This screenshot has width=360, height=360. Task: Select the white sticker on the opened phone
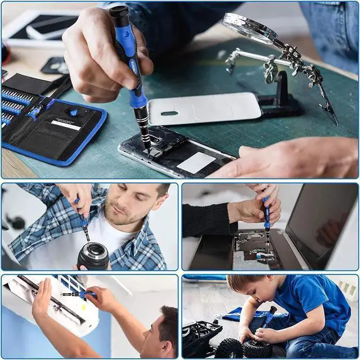pos(196,163)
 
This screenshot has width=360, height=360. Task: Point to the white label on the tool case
pos(66,125)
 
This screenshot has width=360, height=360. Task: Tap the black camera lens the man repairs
pos(93,256)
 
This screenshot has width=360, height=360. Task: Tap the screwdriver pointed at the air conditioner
pos(79,294)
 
